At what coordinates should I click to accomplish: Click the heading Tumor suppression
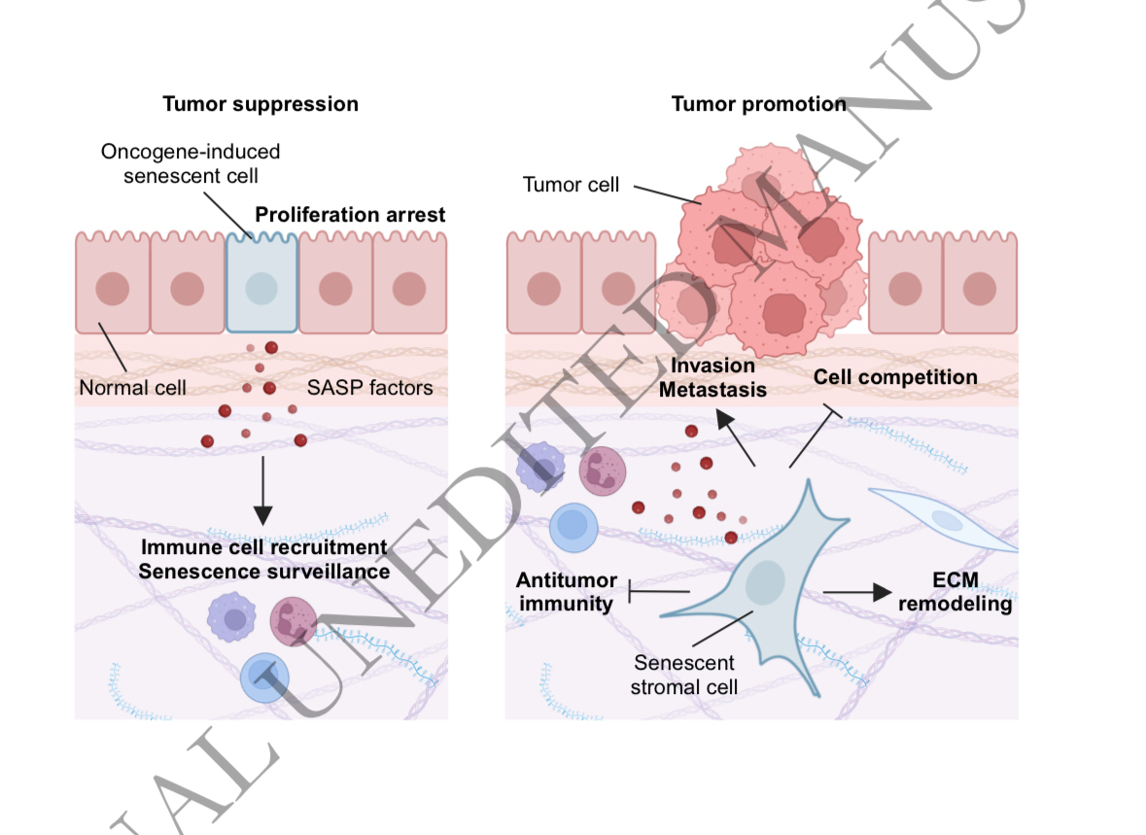[x=260, y=104]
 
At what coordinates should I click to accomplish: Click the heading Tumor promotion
[x=758, y=104]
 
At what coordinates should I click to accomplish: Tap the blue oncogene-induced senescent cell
[x=261, y=288]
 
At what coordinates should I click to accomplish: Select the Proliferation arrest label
[x=350, y=215]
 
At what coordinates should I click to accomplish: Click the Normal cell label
[x=132, y=389]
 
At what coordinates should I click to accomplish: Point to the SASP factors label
[x=370, y=389]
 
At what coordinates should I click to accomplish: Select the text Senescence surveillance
[x=263, y=572]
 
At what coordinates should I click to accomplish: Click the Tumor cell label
[x=571, y=185]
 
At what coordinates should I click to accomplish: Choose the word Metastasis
[x=718, y=389]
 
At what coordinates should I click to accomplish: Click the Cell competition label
[x=895, y=377]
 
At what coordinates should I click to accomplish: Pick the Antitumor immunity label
[x=567, y=592]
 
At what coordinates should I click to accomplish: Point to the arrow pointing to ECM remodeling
[x=856, y=592]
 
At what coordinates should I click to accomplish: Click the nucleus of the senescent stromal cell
[x=765, y=582]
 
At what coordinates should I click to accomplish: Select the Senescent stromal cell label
[x=685, y=675]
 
